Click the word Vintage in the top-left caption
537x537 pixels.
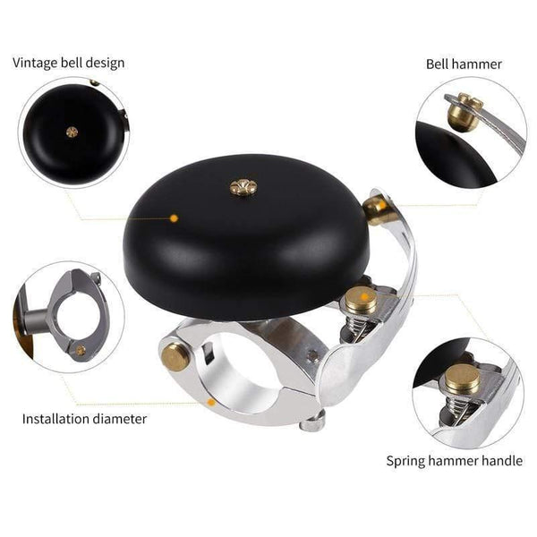33,63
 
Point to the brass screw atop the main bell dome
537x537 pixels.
239,186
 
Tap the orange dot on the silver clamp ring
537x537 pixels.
211,402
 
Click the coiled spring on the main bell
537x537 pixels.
362,316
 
